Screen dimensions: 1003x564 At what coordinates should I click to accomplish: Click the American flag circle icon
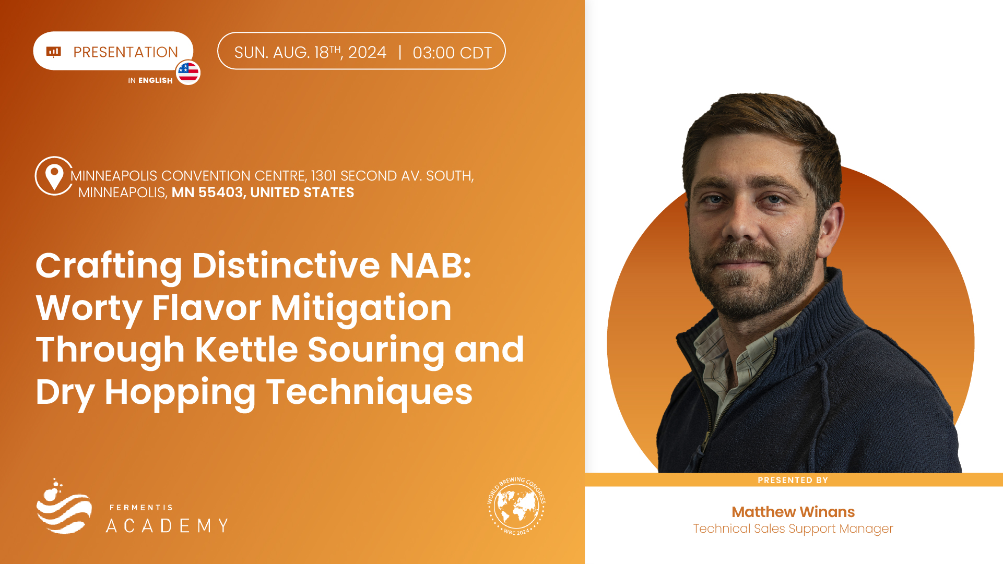[188, 72]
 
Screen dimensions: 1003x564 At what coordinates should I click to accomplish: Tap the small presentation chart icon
[54, 51]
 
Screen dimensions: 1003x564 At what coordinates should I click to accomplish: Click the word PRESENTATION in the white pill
[126, 52]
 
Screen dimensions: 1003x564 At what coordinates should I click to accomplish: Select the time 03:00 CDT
[452, 53]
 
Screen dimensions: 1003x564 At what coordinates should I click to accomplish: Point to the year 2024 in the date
[367, 52]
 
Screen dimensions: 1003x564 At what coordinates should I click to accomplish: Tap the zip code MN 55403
[207, 193]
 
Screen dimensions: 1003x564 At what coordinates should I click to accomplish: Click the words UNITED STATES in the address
[302, 193]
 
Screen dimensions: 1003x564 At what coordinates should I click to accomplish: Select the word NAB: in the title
[431, 265]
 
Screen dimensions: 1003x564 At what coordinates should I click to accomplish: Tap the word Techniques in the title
[370, 392]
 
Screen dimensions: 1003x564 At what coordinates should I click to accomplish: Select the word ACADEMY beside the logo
[167, 525]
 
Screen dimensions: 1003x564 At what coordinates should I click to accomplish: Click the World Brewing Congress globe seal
[516, 506]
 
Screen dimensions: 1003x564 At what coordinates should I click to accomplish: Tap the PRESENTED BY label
[793, 480]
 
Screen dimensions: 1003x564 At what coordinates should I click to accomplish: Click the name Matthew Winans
[793, 512]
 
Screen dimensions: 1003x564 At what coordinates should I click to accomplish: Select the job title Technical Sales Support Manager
[793, 529]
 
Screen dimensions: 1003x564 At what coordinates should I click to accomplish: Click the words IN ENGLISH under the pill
[150, 80]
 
